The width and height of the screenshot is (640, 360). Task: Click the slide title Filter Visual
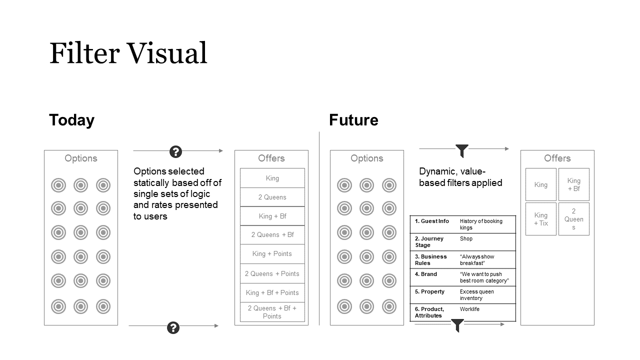click(128, 53)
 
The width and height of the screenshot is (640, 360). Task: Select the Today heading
click(71, 120)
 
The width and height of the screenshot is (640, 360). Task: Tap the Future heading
click(353, 120)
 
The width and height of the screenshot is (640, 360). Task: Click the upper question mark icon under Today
click(175, 151)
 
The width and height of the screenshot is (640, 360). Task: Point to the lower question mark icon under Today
click(173, 327)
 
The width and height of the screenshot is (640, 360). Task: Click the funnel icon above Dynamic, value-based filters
click(462, 150)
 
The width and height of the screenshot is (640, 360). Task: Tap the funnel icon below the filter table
click(457, 325)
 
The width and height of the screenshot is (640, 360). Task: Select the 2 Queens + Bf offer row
click(272, 234)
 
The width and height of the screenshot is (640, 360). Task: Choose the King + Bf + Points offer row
click(272, 292)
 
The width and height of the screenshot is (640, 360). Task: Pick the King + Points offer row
click(272, 253)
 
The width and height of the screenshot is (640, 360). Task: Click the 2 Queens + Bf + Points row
click(272, 312)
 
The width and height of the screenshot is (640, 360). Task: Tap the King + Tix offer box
click(540, 219)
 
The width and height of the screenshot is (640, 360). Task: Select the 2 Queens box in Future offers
click(573, 219)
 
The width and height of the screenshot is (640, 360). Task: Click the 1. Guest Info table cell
click(432, 221)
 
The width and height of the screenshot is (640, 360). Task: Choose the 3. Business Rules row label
click(431, 259)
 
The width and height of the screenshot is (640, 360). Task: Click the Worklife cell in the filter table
click(469, 309)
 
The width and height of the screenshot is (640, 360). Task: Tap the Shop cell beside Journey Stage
click(466, 238)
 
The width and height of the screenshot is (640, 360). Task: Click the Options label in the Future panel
click(366, 158)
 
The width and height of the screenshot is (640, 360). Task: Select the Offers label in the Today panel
click(271, 158)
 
